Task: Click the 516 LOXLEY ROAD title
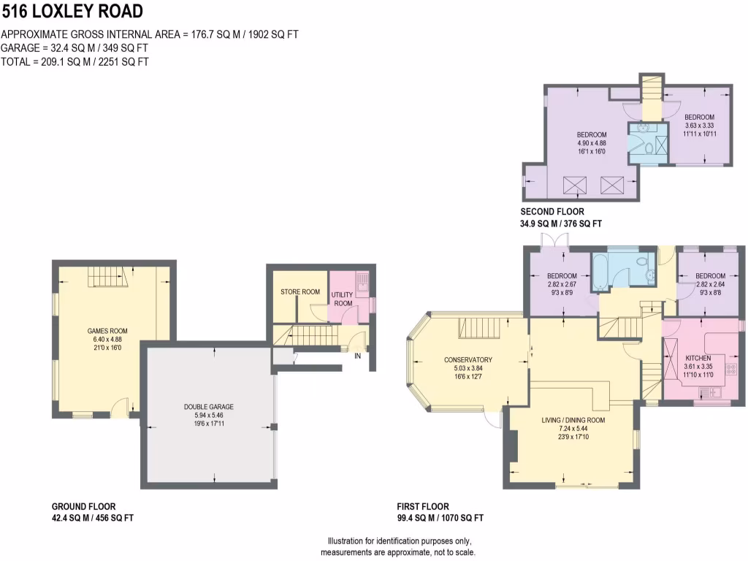pos(72,11)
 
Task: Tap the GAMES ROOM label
pos(107,331)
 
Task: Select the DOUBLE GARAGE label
pos(209,407)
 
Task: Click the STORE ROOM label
pos(300,291)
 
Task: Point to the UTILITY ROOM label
pos(343,299)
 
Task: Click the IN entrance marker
pos(357,356)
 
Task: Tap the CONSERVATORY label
pos(468,359)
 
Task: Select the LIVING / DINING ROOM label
pos(573,420)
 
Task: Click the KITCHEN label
pos(698,358)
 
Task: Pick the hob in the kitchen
pos(730,369)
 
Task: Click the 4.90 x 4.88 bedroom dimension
pos(592,143)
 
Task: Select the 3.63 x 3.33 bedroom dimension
pos(699,126)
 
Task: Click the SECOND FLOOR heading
pos(552,212)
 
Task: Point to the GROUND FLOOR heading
pos(83,507)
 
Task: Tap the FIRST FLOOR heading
pos(423,507)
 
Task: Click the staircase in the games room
pos(105,277)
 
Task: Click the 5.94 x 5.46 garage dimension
pos(209,416)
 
